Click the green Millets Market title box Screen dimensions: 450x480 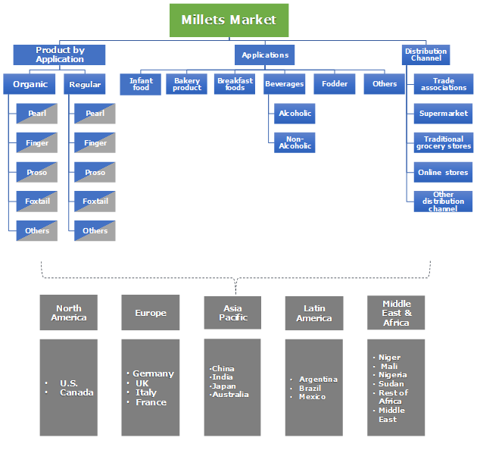coord(229,20)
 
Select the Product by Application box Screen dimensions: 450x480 coord(59,55)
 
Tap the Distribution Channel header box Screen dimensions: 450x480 coord(425,55)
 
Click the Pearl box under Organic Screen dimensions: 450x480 coord(37,114)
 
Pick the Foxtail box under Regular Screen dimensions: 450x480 coord(95,202)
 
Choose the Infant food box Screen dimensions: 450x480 coord(141,84)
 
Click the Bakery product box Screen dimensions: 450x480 coord(187,84)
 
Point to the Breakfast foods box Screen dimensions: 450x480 coord(235,84)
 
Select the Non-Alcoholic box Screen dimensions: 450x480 coord(294,142)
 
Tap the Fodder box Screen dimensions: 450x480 coord(334,84)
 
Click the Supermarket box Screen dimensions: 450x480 coord(444,114)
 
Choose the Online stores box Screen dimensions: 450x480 coord(444,173)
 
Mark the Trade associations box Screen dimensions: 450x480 coord(444,84)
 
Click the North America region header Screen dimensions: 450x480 coord(69,313)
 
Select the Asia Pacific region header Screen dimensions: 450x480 coord(232,313)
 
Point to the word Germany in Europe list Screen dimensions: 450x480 coord(153,373)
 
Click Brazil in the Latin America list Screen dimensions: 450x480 coord(311,388)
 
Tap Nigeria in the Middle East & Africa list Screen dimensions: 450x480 coord(393,375)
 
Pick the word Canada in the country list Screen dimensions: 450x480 coord(76,392)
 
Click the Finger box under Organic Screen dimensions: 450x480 coord(37,143)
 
